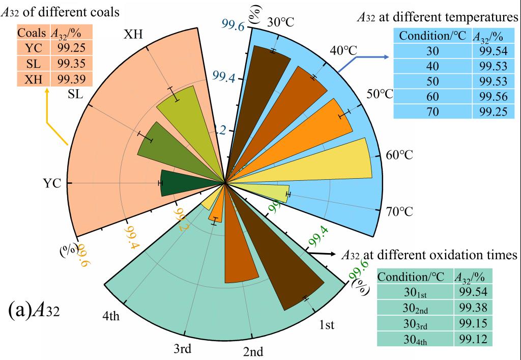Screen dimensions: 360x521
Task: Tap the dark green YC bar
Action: pos(188,182)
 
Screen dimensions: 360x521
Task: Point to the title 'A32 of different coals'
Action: pos(61,11)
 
